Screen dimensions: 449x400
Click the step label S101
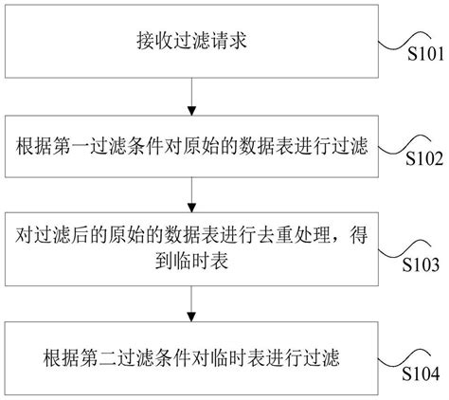click(425, 54)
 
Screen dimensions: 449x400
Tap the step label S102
click(424, 158)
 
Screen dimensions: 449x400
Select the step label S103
click(421, 264)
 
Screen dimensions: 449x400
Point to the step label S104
click(421, 373)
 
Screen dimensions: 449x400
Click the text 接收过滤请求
click(191, 41)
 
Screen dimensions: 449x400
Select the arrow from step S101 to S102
click(191, 97)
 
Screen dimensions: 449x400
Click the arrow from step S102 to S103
click(191, 194)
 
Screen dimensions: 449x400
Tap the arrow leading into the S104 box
click(191, 304)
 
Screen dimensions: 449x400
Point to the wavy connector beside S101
click(405, 41)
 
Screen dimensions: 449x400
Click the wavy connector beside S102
click(405, 144)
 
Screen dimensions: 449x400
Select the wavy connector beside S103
click(404, 250)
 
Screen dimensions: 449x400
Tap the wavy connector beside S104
click(404, 358)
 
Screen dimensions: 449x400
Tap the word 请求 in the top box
click(228, 41)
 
